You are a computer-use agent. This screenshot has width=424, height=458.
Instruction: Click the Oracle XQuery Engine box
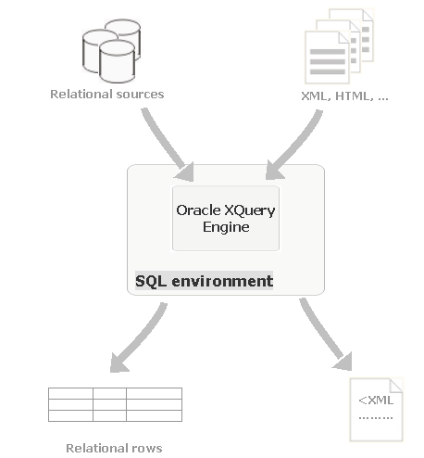click(x=226, y=218)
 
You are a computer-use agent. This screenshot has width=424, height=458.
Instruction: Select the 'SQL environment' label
click(x=204, y=281)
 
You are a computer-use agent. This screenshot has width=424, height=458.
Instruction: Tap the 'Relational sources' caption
click(x=106, y=94)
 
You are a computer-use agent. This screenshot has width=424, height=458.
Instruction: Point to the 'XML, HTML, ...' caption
click(x=344, y=95)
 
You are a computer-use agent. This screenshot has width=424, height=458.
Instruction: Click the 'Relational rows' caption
click(x=114, y=448)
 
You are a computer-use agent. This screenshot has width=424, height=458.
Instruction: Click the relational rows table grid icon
click(x=115, y=403)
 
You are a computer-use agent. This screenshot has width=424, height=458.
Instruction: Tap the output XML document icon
click(x=376, y=409)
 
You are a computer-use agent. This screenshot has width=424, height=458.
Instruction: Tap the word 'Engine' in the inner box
click(x=226, y=227)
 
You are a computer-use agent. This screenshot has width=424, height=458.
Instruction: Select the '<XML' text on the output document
click(x=376, y=401)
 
